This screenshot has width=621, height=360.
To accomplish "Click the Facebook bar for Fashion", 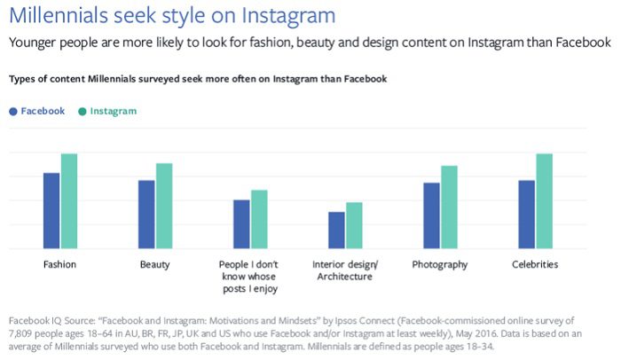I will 51,210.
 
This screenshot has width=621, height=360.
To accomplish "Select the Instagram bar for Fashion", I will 69,201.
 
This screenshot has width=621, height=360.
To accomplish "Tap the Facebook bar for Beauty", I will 146,214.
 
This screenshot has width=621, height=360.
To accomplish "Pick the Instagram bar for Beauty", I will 164,206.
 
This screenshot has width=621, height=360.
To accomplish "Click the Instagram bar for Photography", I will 449,207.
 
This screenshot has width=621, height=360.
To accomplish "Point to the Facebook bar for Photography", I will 431,215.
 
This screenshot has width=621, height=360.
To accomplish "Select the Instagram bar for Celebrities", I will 544,201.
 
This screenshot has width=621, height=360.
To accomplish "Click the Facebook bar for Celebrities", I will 526,214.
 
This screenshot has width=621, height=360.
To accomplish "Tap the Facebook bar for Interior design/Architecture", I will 336,230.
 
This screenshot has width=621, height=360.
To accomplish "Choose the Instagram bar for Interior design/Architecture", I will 354,225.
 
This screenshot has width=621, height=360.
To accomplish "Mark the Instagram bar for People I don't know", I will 259,219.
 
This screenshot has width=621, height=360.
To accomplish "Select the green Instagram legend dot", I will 83,112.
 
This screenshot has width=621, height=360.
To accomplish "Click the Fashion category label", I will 59,265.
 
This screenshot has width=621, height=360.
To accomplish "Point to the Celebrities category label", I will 535,265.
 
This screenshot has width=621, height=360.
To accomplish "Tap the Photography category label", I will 440,265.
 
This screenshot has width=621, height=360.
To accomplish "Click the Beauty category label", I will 155,265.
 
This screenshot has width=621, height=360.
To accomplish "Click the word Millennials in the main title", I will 63,15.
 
